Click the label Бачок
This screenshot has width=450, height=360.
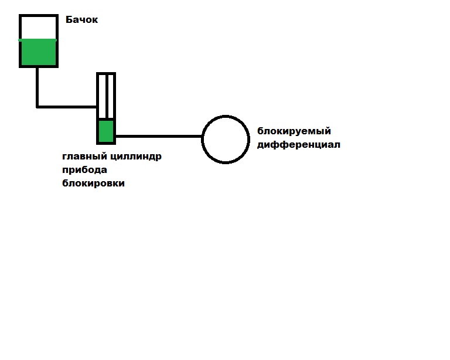tap(81, 21)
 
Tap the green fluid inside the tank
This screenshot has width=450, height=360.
tap(39, 53)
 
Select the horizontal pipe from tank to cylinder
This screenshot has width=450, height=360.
tap(67, 107)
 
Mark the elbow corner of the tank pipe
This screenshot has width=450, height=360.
tap(37, 107)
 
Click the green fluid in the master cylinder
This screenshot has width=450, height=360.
tap(106, 131)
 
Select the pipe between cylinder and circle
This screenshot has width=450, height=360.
tap(158, 136)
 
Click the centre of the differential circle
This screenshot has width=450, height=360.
tap(226, 139)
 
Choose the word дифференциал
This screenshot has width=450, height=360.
tap(299, 144)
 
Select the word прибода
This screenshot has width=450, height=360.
tap(85, 170)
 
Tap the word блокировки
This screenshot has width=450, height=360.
tap(93, 184)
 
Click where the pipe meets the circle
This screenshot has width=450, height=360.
tap(202, 137)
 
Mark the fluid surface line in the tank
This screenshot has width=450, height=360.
tap(39, 40)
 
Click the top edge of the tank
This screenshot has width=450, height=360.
tap(39, 16)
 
